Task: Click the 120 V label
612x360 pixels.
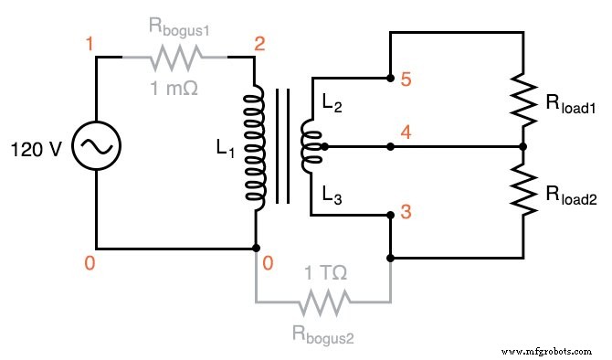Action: click(x=36, y=148)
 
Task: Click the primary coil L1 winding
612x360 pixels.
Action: click(x=255, y=147)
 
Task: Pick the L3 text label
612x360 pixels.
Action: click(x=331, y=194)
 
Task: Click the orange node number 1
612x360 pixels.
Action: click(x=89, y=45)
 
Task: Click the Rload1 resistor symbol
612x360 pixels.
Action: click(x=522, y=101)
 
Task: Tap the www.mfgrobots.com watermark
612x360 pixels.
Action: click(x=551, y=348)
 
